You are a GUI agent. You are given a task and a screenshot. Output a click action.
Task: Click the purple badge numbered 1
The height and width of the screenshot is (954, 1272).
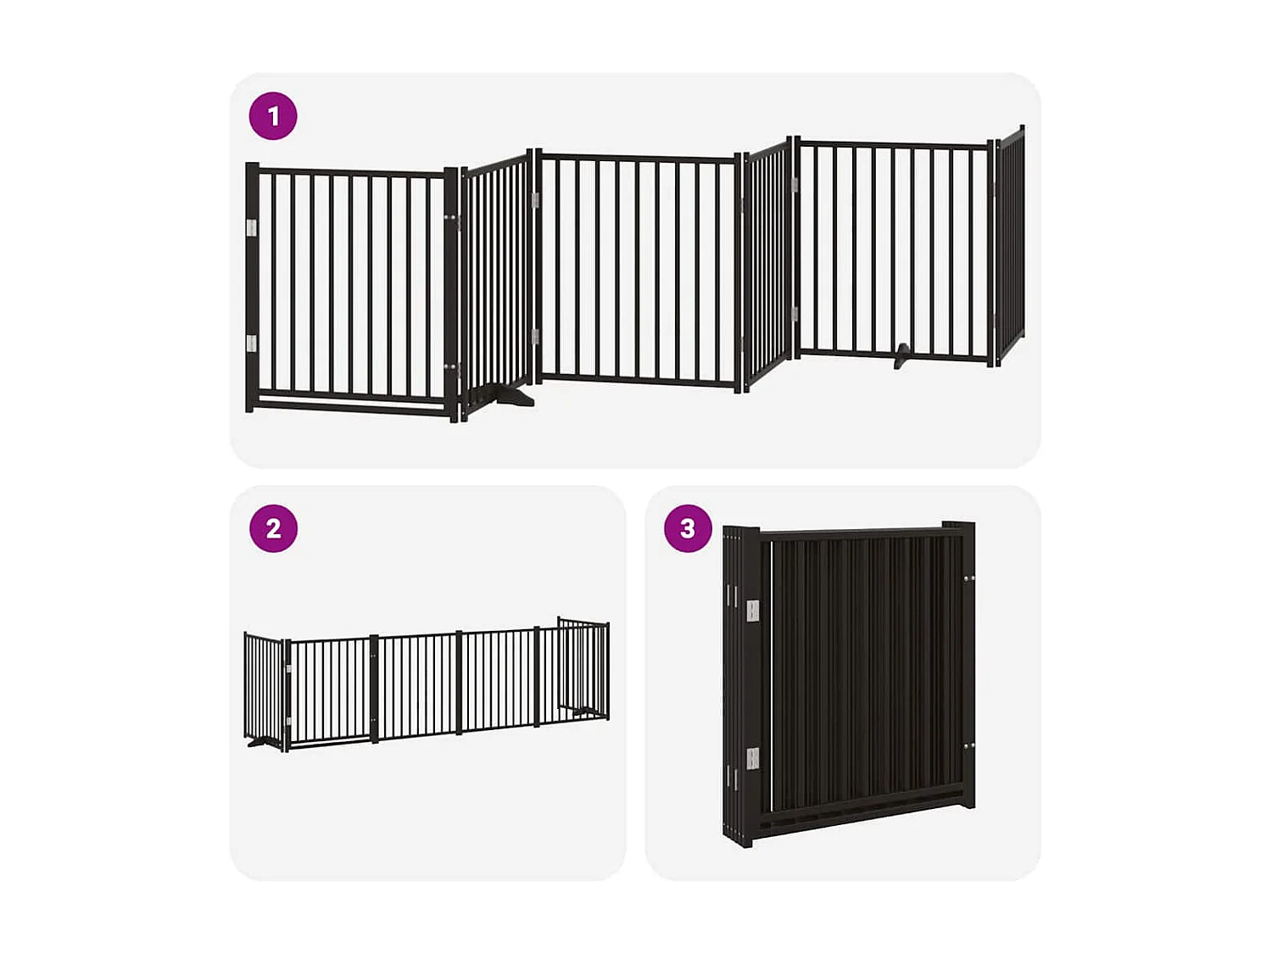tap(273, 116)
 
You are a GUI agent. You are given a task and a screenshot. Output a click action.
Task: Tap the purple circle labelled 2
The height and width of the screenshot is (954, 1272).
tap(273, 528)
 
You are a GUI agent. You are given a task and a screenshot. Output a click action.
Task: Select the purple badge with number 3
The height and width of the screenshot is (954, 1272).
tap(688, 528)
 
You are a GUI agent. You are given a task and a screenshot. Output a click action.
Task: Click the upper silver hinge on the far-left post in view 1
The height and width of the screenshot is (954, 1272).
tap(251, 227)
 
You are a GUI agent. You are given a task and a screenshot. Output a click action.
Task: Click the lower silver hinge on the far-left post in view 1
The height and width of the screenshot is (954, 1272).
tap(251, 343)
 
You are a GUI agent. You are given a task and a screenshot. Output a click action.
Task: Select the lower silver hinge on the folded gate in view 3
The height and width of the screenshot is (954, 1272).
tap(752, 759)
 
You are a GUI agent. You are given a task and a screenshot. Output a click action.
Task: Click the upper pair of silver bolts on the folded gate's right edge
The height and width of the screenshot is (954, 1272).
tap(968, 579)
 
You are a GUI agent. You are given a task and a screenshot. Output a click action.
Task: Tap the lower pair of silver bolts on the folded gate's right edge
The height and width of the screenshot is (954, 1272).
tap(968, 746)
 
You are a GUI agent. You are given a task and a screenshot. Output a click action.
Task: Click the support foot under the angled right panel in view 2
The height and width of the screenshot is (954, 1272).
tap(586, 711)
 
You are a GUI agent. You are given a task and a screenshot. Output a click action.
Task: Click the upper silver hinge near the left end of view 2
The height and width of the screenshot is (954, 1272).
tap(289, 670)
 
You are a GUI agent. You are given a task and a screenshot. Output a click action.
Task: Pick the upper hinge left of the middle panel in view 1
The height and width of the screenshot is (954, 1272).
tap(535, 200)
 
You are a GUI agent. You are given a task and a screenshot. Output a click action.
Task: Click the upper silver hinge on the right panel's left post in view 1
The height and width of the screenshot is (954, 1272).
tap(795, 184)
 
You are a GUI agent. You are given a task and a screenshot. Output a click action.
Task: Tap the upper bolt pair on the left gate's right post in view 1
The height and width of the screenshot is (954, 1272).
tap(453, 220)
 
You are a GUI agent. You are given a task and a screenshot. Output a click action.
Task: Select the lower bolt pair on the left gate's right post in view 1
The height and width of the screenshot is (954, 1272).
tap(453, 367)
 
